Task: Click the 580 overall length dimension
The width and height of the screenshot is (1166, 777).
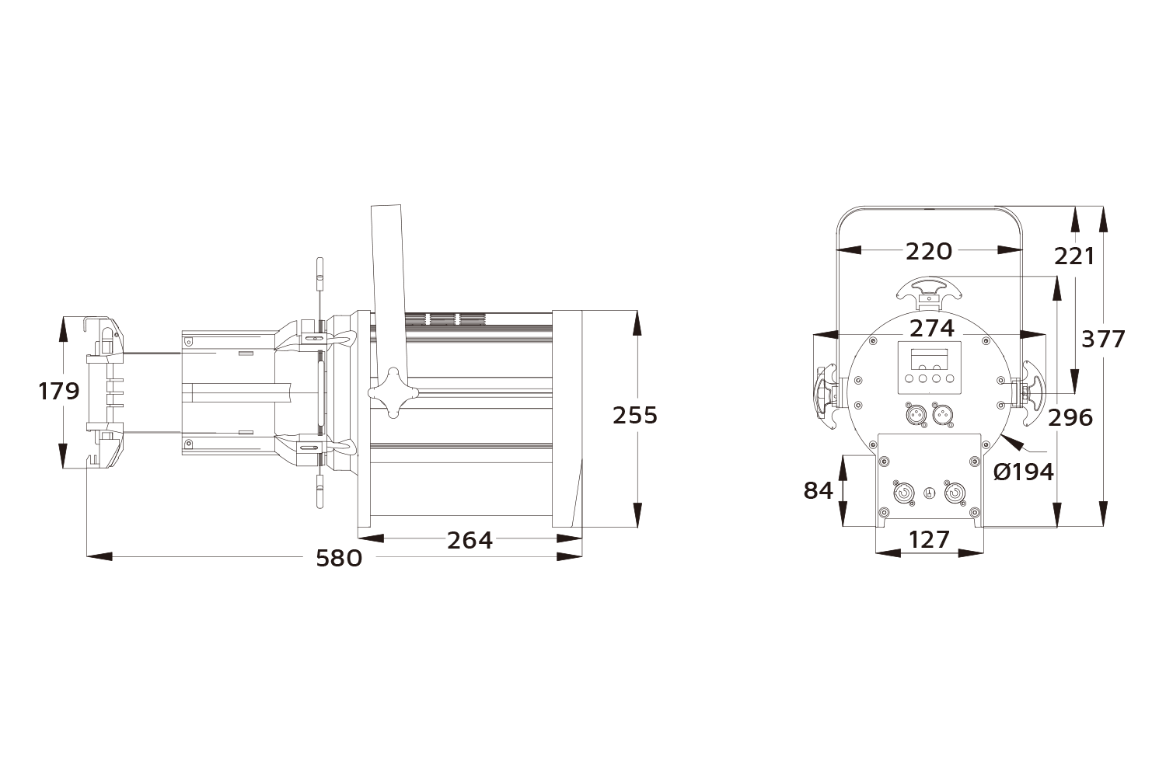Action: (339, 558)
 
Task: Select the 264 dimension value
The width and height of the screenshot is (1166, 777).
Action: (470, 539)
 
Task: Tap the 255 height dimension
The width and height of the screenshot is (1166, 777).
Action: (634, 415)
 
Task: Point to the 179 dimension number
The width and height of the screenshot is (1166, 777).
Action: (59, 391)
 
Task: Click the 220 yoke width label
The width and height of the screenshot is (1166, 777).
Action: (929, 251)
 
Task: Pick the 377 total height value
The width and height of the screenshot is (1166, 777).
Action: (1103, 339)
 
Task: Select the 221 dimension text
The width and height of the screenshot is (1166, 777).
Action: (1073, 256)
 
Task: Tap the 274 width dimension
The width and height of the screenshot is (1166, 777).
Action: (931, 328)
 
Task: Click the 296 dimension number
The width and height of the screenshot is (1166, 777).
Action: (1070, 417)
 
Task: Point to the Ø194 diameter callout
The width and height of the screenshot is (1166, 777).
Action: (1024, 471)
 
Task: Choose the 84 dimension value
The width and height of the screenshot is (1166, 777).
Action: (818, 490)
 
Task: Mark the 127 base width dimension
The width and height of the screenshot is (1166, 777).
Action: (929, 538)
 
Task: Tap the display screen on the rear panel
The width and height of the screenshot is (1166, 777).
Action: (929, 359)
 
